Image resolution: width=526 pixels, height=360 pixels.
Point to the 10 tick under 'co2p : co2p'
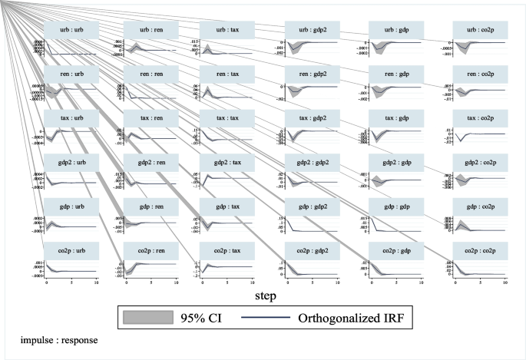click(504, 282)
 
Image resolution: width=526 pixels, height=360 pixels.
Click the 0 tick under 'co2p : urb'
click(47, 282)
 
